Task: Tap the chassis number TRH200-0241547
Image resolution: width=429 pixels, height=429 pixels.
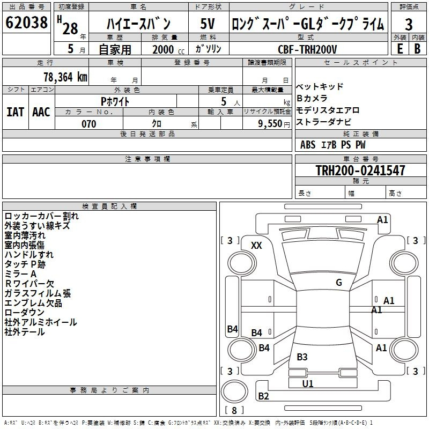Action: (x=360, y=171)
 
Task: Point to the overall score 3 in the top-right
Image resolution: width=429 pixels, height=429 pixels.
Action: (x=409, y=24)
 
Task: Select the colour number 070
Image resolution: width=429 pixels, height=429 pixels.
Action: (x=89, y=123)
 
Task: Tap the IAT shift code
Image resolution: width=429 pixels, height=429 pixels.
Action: (x=15, y=112)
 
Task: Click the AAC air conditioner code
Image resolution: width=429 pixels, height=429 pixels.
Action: (x=41, y=112)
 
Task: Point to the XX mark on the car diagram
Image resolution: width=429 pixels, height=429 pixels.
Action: (x=257, y=246)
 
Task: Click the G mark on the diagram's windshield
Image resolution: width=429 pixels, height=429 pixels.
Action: (x=339, y=283)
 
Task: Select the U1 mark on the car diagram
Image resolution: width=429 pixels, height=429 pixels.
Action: (x=308, y=383)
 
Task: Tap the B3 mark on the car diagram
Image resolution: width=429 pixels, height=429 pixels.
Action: (x=302, y=357)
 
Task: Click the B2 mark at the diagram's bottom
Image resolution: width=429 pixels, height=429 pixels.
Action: (x=263, y=396)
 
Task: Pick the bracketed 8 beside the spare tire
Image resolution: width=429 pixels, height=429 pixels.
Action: (x=234, y=411)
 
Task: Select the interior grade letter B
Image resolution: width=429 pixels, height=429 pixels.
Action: (x=417, y=48)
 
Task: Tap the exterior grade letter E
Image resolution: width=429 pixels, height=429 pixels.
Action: (x=400, y=48)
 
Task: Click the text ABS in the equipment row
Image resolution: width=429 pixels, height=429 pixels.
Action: (x=308, y=145)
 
